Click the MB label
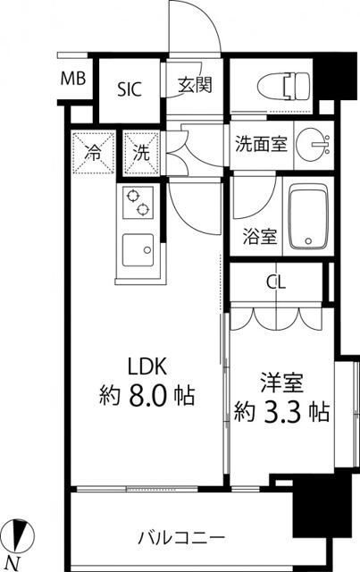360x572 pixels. point(73,79)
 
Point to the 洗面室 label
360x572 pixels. point(261,144)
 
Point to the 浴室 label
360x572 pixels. point(260,238)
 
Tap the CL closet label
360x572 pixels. point(276,283)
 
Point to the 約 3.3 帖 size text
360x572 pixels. point(281,412)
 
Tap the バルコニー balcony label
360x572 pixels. point(181,538)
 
